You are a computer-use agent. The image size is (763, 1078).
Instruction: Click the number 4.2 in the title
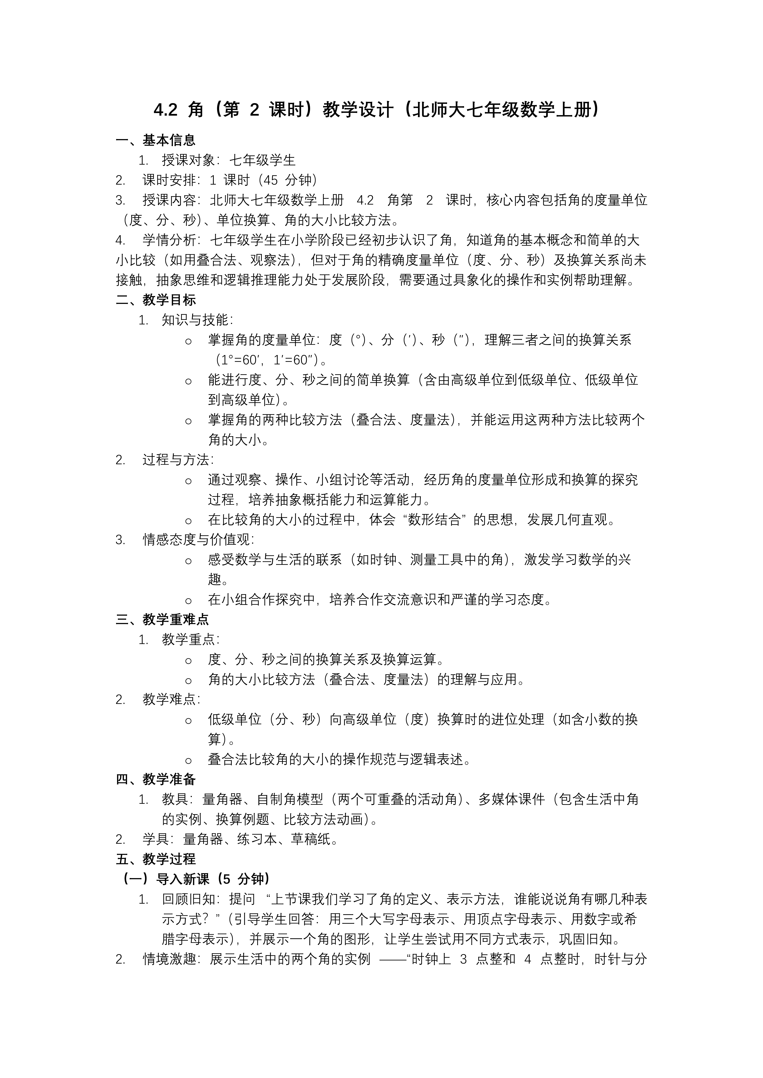click(165, 110)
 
